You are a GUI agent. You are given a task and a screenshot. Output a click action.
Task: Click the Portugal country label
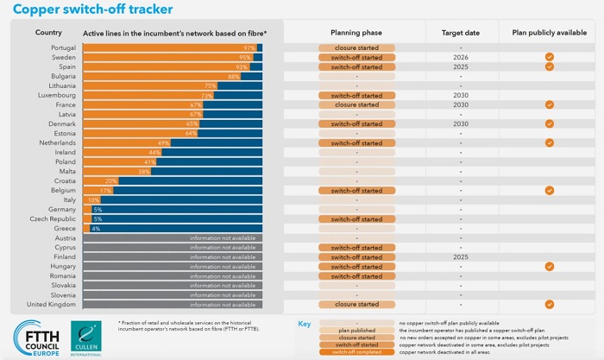[63, 47]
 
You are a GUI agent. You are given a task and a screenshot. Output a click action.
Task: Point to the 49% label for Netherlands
[163, 142]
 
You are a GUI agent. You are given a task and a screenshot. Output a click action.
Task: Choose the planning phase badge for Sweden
[356, 57]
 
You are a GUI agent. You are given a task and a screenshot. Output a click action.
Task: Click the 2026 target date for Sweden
[462, 57]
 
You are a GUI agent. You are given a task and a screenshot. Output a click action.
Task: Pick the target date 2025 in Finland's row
[462, 256]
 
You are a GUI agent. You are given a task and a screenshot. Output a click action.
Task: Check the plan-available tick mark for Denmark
[549, 123]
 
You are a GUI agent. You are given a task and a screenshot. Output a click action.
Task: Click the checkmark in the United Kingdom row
[549, 304]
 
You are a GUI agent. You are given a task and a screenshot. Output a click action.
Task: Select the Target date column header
[462, 32]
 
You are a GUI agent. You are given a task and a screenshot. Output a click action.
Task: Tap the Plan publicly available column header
[549, 32]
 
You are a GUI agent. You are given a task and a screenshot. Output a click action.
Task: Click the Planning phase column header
[356, 32]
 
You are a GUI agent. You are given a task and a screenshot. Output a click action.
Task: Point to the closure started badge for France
[356, 104]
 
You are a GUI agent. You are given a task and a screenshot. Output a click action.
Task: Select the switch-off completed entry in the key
[356, 351]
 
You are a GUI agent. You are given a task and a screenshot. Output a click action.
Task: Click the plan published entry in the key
[356, 331]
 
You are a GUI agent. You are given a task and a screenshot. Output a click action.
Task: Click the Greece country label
[65, 228]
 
